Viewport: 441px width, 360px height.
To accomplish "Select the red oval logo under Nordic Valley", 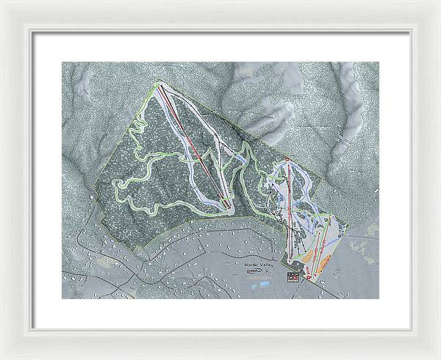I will click(255, 270).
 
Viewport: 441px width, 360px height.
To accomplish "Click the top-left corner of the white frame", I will click(2, 2).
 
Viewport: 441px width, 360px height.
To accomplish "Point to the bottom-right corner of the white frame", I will click(438, 357).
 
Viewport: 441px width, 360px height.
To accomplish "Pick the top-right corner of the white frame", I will click(438, 2).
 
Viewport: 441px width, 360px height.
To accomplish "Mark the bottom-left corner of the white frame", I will click(2, 357).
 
